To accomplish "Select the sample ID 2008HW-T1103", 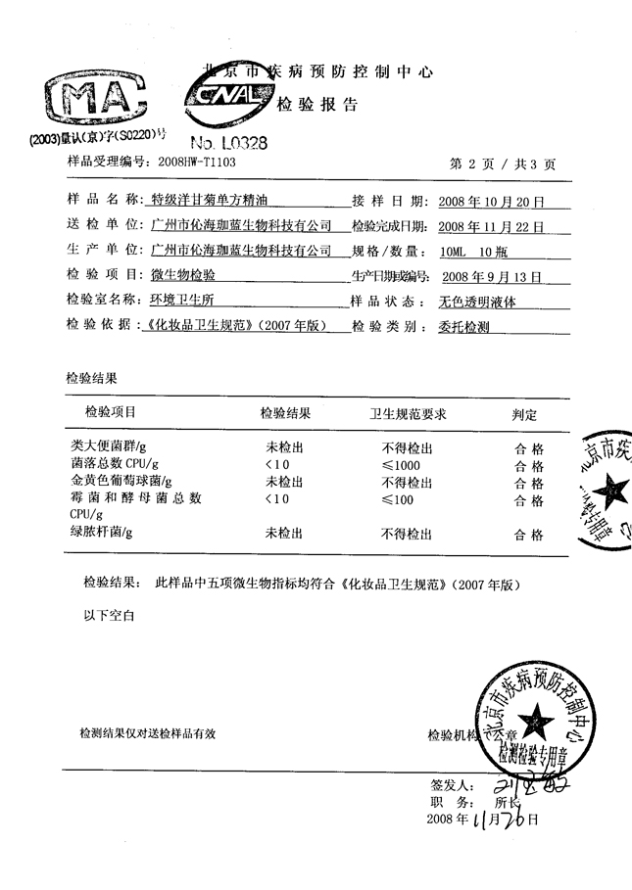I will pos(196,161).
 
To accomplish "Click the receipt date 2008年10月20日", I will pos(491,202).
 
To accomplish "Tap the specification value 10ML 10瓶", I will pos(471,251).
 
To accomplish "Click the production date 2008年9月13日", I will pos(492,276).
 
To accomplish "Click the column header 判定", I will pos(526,414).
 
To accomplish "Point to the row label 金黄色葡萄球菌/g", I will pos(122,482).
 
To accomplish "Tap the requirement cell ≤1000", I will pos(401,464).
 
